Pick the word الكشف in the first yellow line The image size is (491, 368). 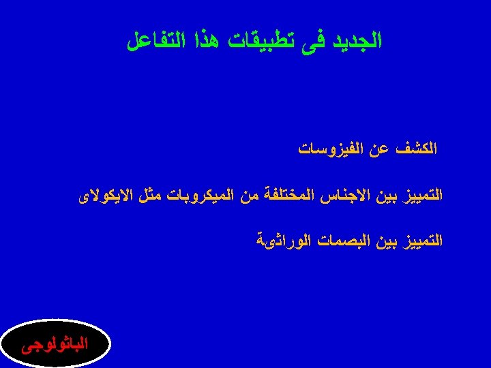(421, 148)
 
